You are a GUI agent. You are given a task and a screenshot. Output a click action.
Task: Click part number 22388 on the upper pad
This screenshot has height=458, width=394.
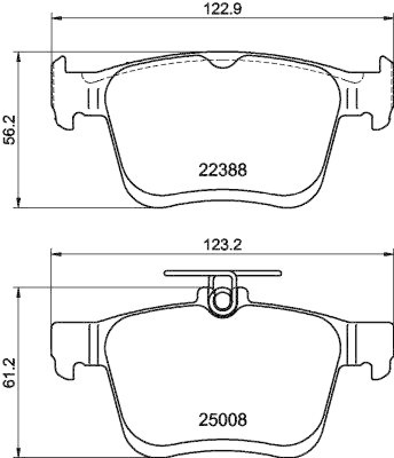[x=223, y=170]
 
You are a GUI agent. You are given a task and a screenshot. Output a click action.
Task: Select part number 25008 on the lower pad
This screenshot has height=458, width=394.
[x=223, y=421]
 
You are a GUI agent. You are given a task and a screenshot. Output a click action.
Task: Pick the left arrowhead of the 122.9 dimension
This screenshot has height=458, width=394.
[x=56, y=18]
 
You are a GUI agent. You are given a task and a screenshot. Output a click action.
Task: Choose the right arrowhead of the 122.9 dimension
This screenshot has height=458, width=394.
[x=389, y=18]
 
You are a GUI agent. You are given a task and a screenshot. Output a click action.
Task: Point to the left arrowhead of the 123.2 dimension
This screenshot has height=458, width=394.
[x=56, y=254]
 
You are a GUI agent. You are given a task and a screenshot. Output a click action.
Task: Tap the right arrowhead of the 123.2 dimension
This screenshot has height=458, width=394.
[x=390, y=254]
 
